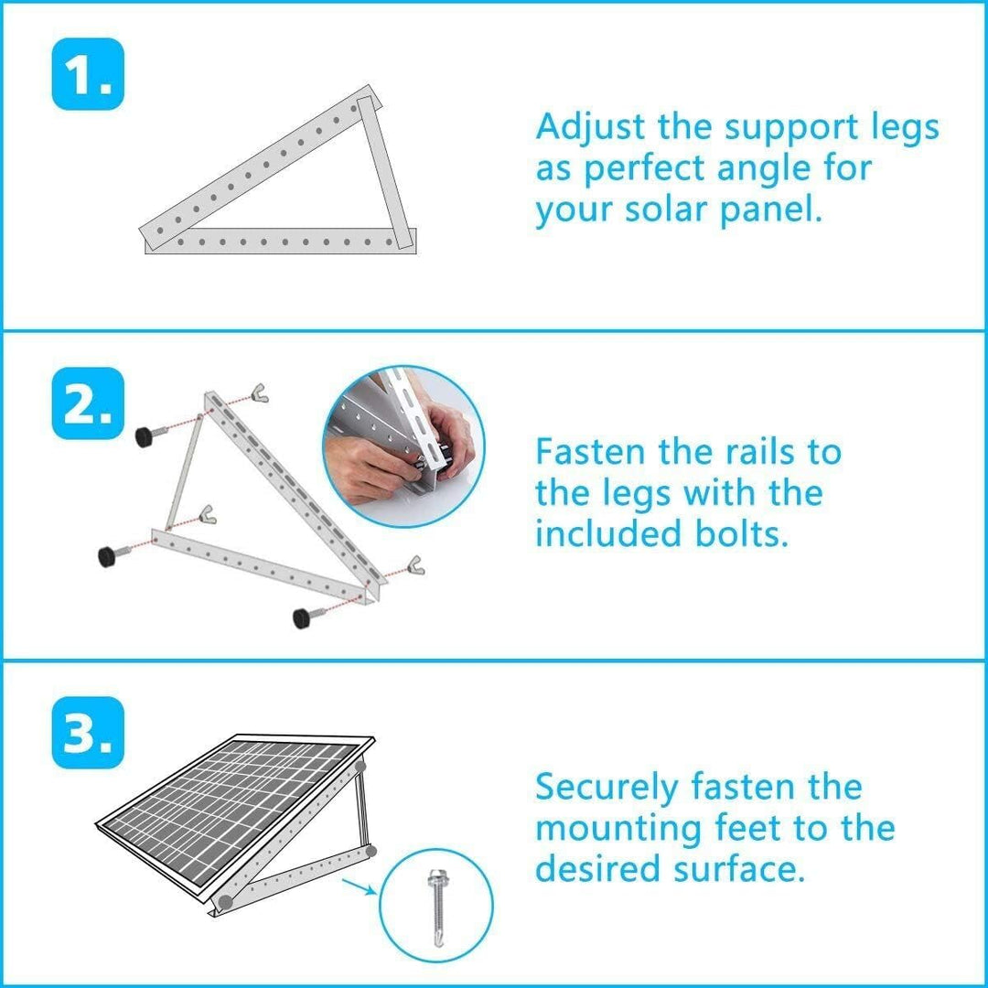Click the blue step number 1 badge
click(x=88, y=74)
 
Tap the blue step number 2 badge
click(x=88, y=403)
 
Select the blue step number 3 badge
click(x=88, y=733)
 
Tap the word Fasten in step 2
click(x=590, y=452)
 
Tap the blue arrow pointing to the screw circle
click(x=360, y=886)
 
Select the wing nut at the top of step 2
click(x=259, y=392)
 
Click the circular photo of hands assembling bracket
click(x=403, y=447)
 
